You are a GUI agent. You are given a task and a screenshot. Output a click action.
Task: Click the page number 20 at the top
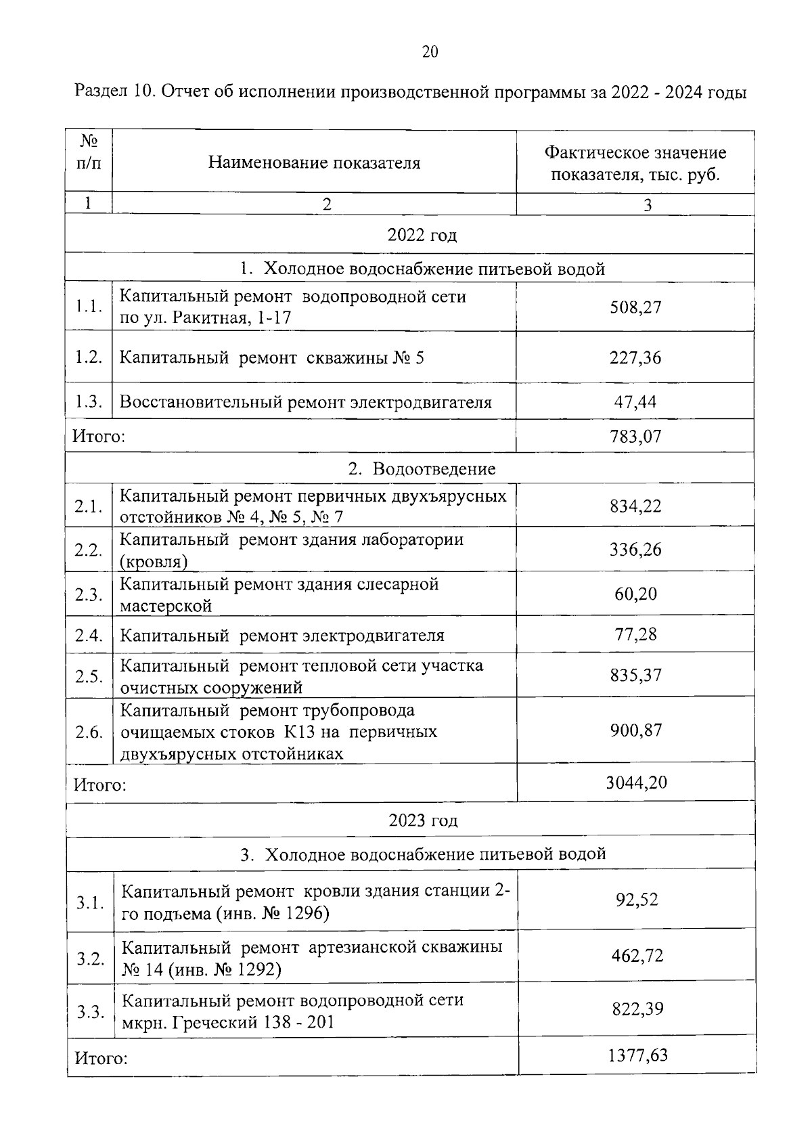tap(430, 52)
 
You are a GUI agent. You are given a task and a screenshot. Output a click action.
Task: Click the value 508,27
tap(635, 307)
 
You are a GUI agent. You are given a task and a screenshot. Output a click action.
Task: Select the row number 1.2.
tap(89, 357)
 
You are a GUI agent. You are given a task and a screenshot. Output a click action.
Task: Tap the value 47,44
tap(635, 401)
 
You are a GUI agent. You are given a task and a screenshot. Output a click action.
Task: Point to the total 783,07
tap(635, 436)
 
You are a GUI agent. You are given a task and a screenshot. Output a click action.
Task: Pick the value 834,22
tap(635, 506)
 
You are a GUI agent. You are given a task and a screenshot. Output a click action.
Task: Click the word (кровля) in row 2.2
tap(154, 562)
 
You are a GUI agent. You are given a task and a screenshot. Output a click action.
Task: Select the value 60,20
tap(635, 594)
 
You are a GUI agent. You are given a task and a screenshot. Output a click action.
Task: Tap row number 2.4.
tap(89, 635)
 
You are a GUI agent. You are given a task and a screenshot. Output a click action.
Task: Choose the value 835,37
tap(635, 675)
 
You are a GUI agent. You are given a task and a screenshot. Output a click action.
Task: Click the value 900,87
tap(635, 730)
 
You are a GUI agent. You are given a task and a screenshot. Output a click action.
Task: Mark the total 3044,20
tap(637, 783)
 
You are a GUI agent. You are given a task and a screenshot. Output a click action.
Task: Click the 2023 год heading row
tap(423, 820)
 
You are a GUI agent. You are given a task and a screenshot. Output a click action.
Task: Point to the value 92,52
tap(637, 900)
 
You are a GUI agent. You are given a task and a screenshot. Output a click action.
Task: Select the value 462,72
tap(637, 956)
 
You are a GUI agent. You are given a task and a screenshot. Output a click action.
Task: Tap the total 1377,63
tap(637, 1055)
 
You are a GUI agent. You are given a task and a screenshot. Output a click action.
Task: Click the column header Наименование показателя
tap(314, 163)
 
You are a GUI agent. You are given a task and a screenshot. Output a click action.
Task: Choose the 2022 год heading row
tap(422, 235)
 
